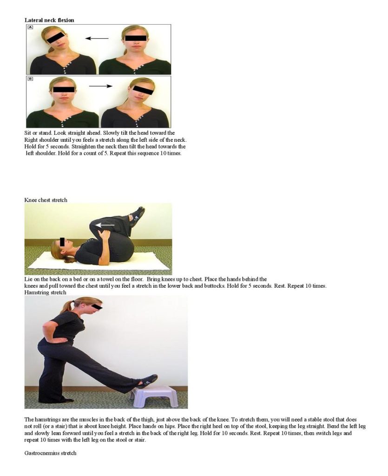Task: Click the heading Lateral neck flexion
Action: pos(49,20)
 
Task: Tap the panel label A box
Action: pos(30,27)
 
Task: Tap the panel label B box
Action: pos(30,79)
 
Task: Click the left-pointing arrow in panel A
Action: pos(97,38)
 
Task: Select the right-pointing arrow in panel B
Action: pos(101,86)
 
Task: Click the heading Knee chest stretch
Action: pos(46,200)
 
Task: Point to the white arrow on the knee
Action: pos(105,225)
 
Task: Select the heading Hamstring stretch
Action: pos(45,292)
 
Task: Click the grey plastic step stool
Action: pos(154,396)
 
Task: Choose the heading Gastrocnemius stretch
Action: pos(50,453)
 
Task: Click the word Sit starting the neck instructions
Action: pos(27,133)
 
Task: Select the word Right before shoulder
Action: pos(31,140)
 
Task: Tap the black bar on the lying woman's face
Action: pos(62,242)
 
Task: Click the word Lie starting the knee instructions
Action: pos(28,279)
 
